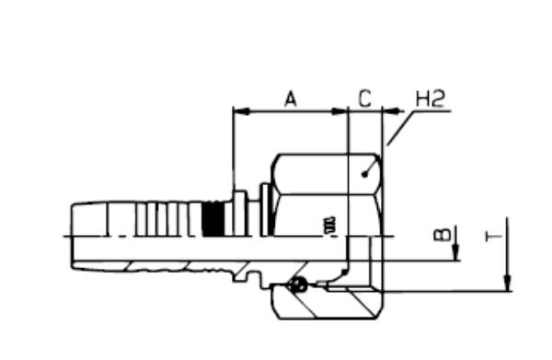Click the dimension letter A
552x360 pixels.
click(x=291, y=99)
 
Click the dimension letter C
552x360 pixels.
click(x=364, y=99)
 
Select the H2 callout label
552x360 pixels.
click(x=431, y=98)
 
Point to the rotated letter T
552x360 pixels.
click(x=493, y=237)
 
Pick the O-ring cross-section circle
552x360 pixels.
click(x=297, y=285)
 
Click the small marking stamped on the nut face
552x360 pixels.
click(x=328, y=223)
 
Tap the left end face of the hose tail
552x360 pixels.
click(x=71, y=236)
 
